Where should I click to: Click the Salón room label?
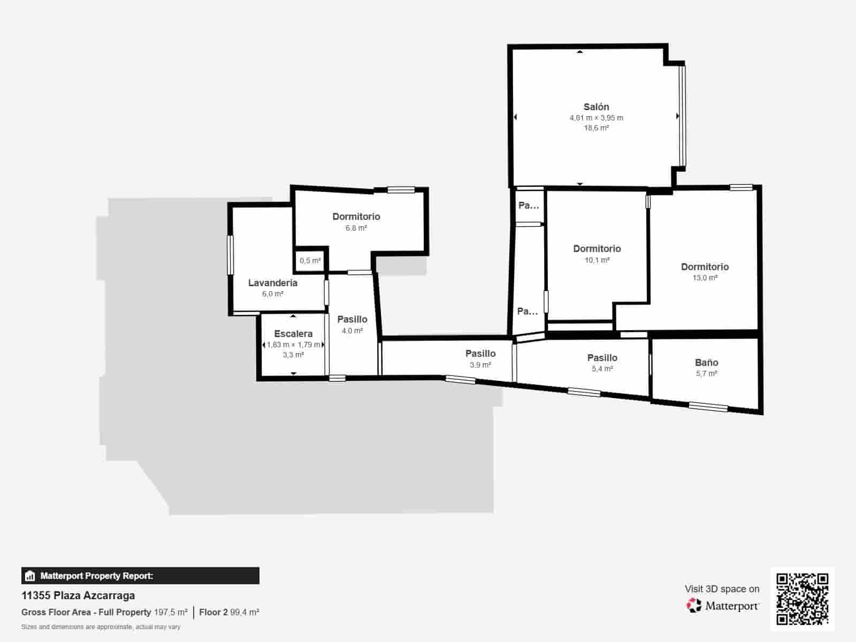[596, 106]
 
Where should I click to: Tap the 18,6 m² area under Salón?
[596, 128]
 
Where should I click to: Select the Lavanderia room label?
[272, 282]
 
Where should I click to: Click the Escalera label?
[293, 333]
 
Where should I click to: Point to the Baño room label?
[706, 362]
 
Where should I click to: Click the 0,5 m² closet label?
[310, 261]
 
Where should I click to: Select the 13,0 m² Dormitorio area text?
[705, 278]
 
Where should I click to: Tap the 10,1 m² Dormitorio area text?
[597, 260]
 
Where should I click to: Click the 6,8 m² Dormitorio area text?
[356, 228]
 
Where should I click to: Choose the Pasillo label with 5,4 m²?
[602, 357]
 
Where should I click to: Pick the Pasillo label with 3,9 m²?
[480, 353]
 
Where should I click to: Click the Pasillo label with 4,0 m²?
[352, 319]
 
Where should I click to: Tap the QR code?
[802, 599]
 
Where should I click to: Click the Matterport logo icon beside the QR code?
[694, 605]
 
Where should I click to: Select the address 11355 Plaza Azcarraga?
[78, 595]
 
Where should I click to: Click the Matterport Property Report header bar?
[140, 576]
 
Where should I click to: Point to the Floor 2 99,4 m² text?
[229, 612]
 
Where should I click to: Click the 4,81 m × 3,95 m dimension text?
[596, 118]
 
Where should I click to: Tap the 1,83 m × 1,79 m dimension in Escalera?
[293, 345]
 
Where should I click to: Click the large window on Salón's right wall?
[682, 116]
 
